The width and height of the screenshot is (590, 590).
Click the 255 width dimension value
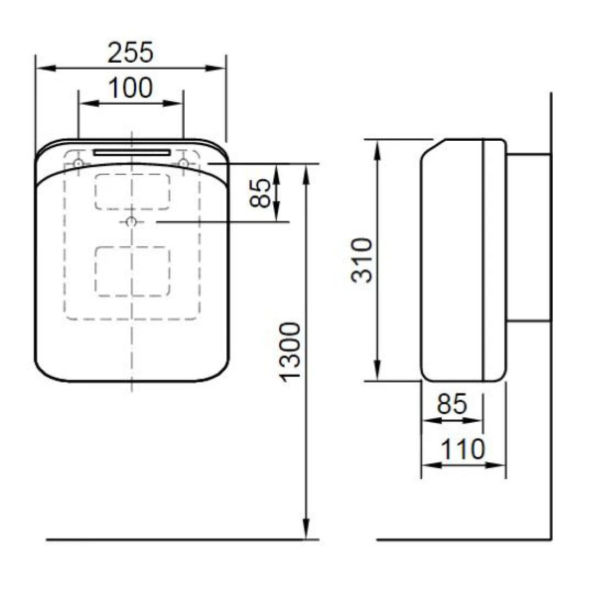pos(130,53)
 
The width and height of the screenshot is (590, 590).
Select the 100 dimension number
pos(130,88)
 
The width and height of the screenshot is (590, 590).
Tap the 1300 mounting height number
pos(291,351)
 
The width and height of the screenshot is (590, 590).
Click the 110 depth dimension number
pos(462,449)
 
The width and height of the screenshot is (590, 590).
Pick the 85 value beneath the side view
pos(452,404)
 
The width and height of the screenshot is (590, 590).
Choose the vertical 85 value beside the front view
pos(262,193)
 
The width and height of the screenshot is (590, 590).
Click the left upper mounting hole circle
pos(79,163)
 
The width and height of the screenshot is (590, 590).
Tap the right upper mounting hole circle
pos(183,163)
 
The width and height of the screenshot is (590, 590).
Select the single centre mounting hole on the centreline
pos(131,222)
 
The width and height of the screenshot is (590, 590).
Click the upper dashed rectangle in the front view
pos(132,191)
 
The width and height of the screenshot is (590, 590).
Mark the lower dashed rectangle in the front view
pos(132,271)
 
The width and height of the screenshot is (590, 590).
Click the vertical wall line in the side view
pos(550,325)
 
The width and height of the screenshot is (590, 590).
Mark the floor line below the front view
pos(173,540)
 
